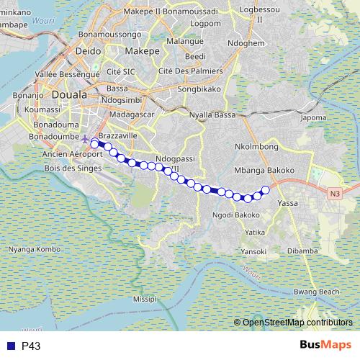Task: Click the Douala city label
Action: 69,95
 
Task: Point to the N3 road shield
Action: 335,194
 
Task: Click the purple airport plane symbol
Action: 86,138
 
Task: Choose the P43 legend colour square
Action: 10,346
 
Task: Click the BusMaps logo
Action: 325,346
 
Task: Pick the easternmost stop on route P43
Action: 265,190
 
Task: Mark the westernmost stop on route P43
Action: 94,144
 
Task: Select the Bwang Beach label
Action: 317,292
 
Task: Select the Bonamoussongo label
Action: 109,34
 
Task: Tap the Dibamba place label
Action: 302,251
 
